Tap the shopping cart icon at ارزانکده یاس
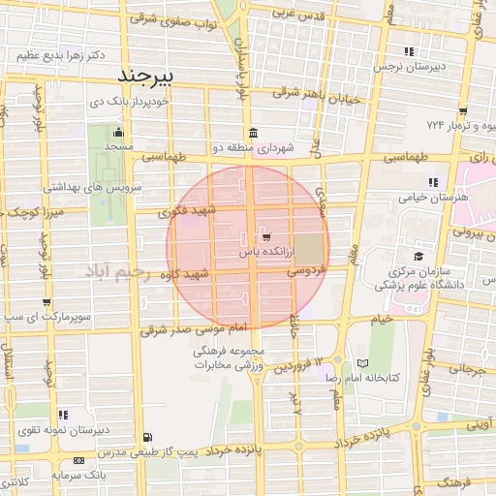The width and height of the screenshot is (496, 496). coord(265,236)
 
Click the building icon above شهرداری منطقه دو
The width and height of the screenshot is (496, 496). coord(253,133)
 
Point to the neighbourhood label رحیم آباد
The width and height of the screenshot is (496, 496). coord(115,274)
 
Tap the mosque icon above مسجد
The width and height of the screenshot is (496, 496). coord(118,133)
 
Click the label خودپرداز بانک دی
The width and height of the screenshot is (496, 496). coord(130,101)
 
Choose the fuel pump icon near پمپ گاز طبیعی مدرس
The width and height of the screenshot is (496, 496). coord(147,438)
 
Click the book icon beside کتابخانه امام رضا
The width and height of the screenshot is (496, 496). coord(362,362)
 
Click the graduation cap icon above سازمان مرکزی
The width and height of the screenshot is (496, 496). coord(418,256)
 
